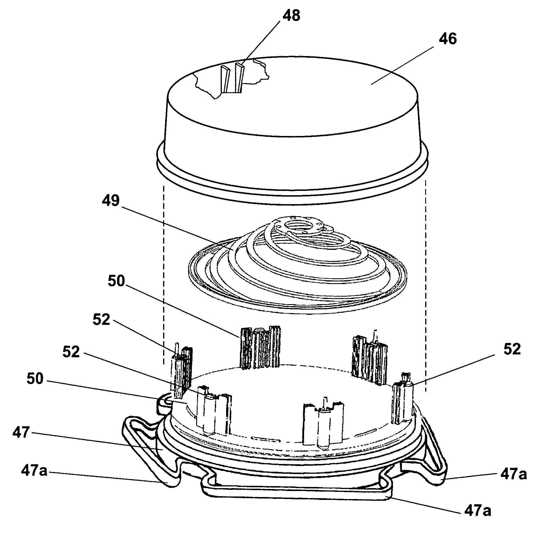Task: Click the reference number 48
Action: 291,16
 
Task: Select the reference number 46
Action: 448,39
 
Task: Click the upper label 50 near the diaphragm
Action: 117,282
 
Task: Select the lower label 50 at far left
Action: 35,379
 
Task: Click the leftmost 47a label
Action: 34,471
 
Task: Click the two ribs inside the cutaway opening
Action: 232,78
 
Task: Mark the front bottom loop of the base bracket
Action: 296,494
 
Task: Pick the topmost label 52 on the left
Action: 101,320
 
